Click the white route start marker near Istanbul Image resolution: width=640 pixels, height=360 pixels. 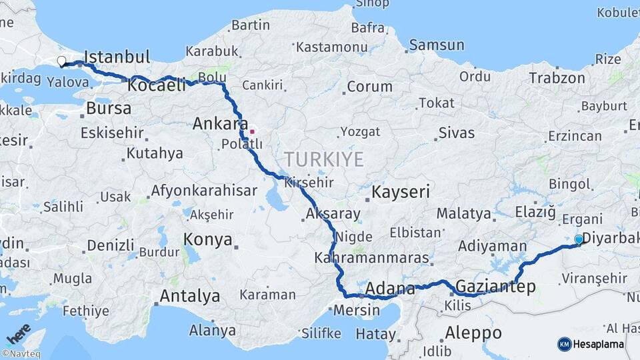(x=61, y=61)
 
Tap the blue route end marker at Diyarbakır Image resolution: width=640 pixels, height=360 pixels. (x=579, y=239)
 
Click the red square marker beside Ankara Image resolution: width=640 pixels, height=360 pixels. (x=252, y=131)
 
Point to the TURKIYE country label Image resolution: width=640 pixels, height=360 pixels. (x=324, y=159)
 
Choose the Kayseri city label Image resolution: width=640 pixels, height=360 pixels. (x=400, y=193)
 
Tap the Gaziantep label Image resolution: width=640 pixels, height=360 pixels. (x=495, y=287)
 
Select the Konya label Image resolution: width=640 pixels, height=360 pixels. (x=207, y=239)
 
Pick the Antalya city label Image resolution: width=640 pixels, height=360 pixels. (x=190, y=295)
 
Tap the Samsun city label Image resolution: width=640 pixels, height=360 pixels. (x=437, y=45)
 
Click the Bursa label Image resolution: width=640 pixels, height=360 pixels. (x=109, y=108)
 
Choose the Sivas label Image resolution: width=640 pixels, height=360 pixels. (x=457, y=133)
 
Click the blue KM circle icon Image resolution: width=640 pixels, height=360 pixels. (x=564, y=344)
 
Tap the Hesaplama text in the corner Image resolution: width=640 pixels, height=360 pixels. (x=599, y=345)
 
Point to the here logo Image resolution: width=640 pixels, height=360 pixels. (x=18, y=333)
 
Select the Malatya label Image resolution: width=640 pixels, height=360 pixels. (x=464, y=214)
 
